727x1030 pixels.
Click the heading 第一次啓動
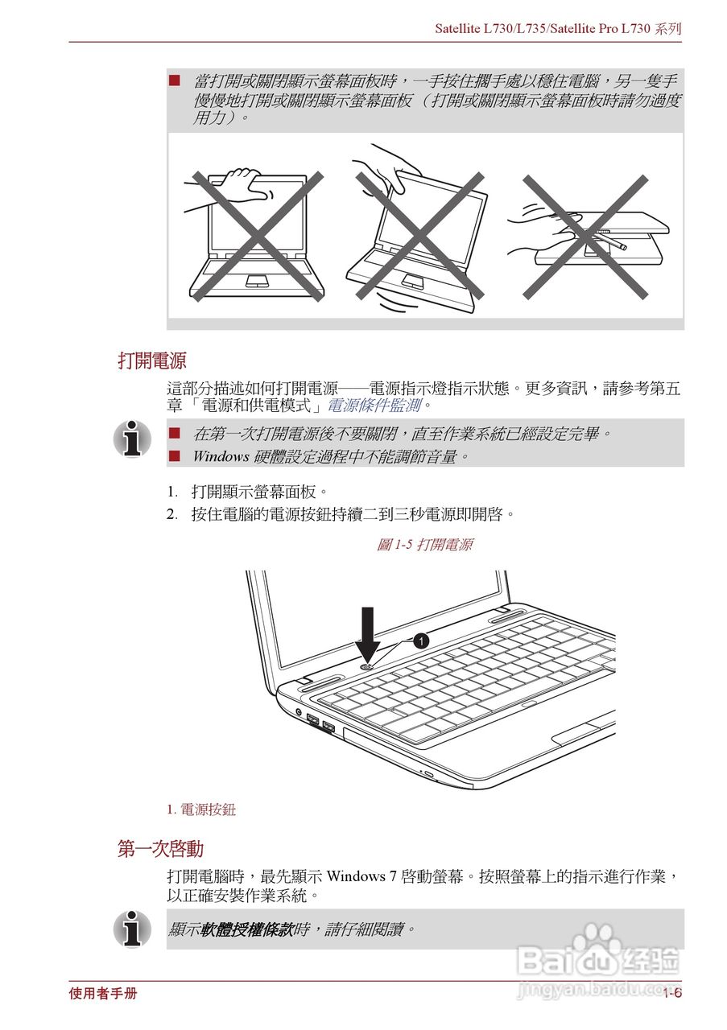(160, 849)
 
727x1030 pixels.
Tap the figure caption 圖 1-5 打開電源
(424, 545)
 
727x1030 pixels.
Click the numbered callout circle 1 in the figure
(419, 641)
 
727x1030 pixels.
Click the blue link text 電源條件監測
(374, 405)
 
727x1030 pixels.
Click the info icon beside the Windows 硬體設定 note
(132, 439)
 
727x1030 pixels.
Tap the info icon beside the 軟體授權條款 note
(132, 929)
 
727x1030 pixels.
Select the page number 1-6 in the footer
(672, 994)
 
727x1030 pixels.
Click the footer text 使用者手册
(103, 994)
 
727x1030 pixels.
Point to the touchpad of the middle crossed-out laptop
(412, 281)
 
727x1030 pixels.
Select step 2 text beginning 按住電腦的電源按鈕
(353, 513)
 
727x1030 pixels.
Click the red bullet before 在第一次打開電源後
(174, 434)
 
